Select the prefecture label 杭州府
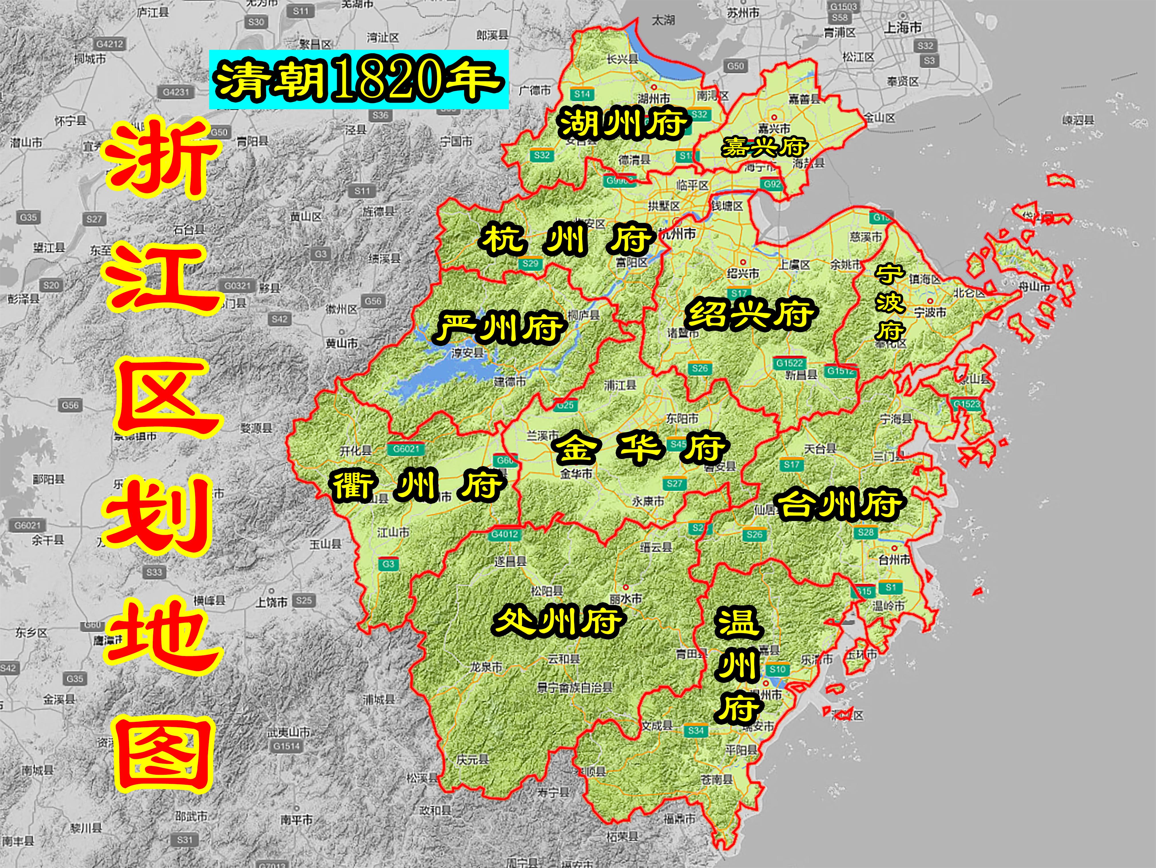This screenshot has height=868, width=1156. [567, 240]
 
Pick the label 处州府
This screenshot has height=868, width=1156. [558, 621]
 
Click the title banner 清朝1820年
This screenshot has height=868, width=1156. [358, 80]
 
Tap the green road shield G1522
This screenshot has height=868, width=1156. [790, 363]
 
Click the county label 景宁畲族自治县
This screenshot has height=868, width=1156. [575, 688]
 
